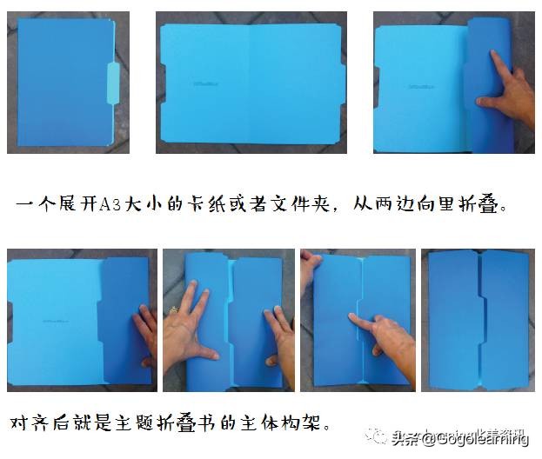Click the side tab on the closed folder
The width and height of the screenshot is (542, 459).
coord(113,83)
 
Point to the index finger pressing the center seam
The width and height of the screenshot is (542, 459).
coord(365,320)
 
